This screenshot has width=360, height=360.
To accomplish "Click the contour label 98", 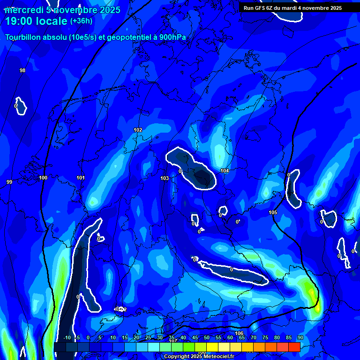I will [x=22, y=70].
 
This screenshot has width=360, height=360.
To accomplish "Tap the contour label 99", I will [x=9, y=182].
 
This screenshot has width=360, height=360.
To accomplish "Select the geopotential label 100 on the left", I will [x=43, y=178].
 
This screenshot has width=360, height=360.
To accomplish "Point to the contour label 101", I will [x=80, y=178].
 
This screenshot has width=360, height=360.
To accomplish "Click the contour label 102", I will [x=138, y=130].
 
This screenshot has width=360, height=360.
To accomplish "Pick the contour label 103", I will [x=165, y=178].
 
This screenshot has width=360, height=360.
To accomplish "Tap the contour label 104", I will [x=225, y=171].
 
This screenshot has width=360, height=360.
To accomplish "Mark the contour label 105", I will [x=273, y=212].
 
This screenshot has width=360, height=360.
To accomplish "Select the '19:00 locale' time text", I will [x=37, y=21].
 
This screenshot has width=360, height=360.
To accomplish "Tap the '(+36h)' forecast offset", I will [x=81, y=21].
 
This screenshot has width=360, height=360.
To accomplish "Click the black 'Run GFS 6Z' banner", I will [x=292, y=8].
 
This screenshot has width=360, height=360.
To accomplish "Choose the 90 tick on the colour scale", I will [x=300, y=337].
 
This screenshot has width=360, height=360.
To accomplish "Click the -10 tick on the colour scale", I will [x=67, y=337].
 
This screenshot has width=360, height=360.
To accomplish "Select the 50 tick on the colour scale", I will [x=207, y=337].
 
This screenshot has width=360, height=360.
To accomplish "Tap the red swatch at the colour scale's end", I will [x=294, y=347].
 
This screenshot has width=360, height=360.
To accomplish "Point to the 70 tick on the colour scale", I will [x=253, y=337].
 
